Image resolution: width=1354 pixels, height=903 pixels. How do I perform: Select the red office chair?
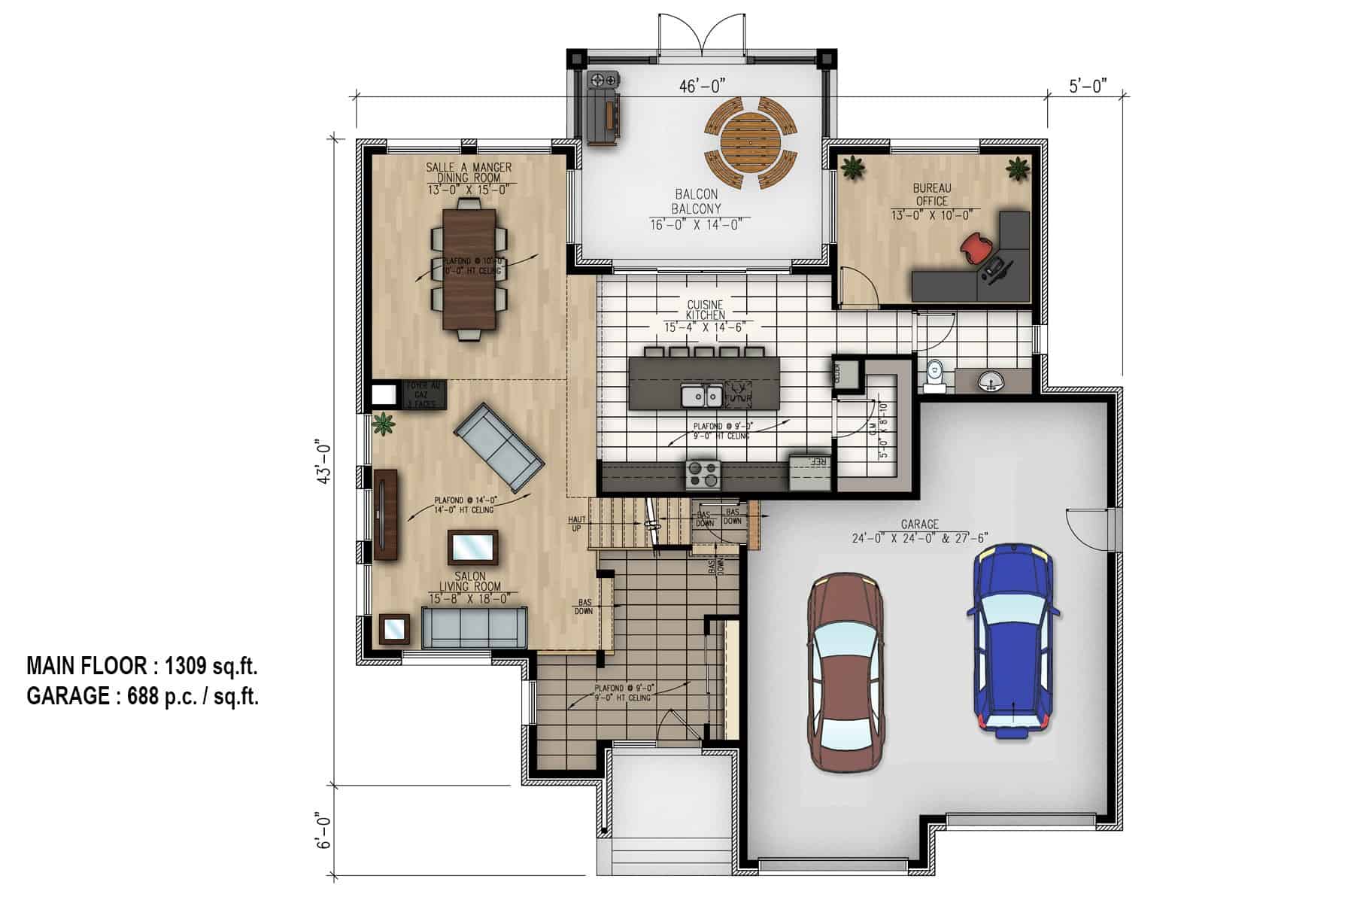coord(976,247)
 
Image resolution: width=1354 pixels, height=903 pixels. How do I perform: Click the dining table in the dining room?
coord(469,268)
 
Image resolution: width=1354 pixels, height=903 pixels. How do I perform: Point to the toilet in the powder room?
coord(934,375)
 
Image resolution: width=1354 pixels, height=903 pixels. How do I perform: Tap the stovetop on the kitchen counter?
coord(703,474)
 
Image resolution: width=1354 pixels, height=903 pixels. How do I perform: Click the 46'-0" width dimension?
coord(701,86)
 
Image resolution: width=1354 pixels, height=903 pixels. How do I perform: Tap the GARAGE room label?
coord(919,524)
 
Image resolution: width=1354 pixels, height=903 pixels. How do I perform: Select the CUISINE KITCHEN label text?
coord(705,310)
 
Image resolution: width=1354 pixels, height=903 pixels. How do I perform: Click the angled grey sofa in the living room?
coord(499,445)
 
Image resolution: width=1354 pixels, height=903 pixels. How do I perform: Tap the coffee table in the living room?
coord(472,547)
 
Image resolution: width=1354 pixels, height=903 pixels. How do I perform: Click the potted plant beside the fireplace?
coord(384,424)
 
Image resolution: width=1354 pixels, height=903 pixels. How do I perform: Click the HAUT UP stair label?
coord(577,524)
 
